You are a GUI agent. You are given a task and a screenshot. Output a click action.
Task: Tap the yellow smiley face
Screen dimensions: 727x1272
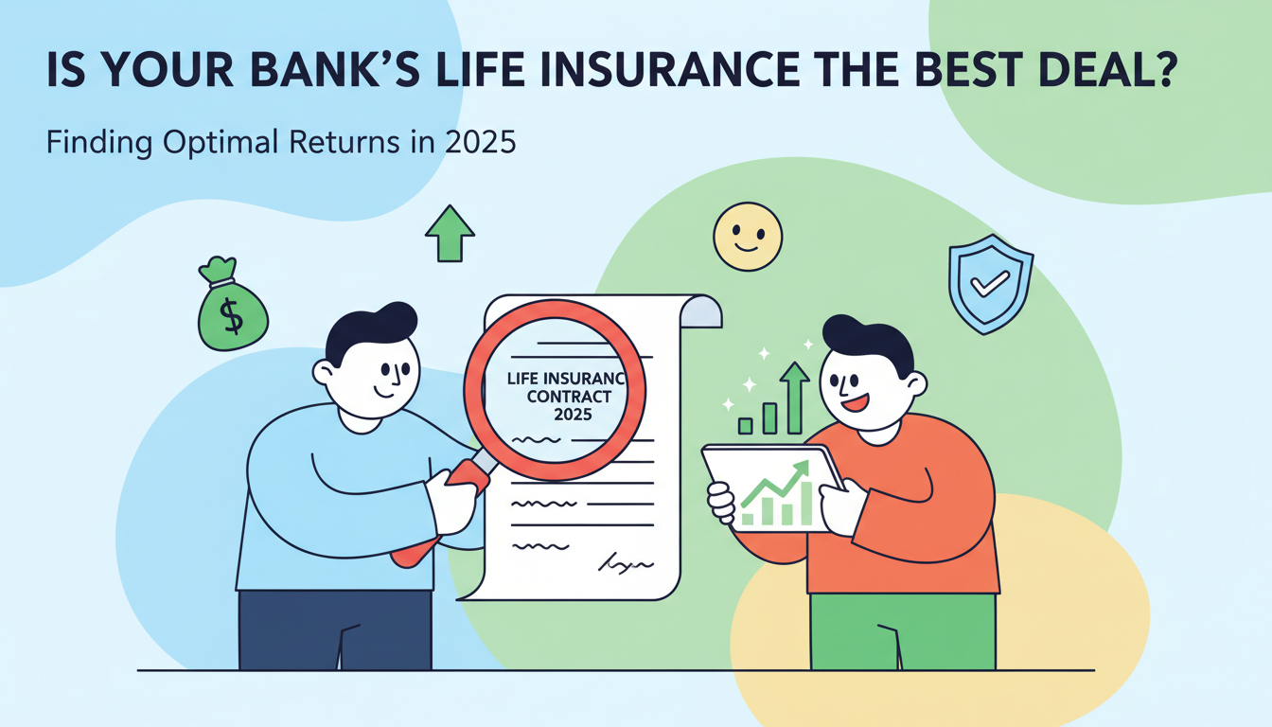pos(748,236)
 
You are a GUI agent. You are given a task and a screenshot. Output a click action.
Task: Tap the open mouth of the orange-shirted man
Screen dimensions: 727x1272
pos(855,402)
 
